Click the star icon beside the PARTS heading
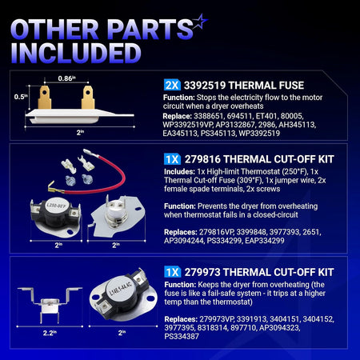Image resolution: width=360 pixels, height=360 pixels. click(200, 21)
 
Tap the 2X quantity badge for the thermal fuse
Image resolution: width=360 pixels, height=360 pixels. click(172, 86)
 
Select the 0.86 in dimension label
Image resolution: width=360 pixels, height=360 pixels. click(66, 78)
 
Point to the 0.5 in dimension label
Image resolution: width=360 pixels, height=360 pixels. click(21, 97)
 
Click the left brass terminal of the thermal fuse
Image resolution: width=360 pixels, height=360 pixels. click(45, 97)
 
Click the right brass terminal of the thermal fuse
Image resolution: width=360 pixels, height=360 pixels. click(88, 97)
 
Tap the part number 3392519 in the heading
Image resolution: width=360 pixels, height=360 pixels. click(205, 86)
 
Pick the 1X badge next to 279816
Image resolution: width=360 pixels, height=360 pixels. click(172, 159)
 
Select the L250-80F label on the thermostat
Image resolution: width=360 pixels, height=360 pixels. click(56, 206)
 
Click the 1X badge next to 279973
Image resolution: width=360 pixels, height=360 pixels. click(172, 272)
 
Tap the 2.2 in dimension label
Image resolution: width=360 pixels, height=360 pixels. click(50, 333)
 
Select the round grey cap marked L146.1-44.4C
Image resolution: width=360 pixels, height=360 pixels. click(121, 289)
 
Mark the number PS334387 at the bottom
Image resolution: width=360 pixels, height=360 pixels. click(182, 337)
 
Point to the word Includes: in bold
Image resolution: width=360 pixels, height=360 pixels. click(179, 171)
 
